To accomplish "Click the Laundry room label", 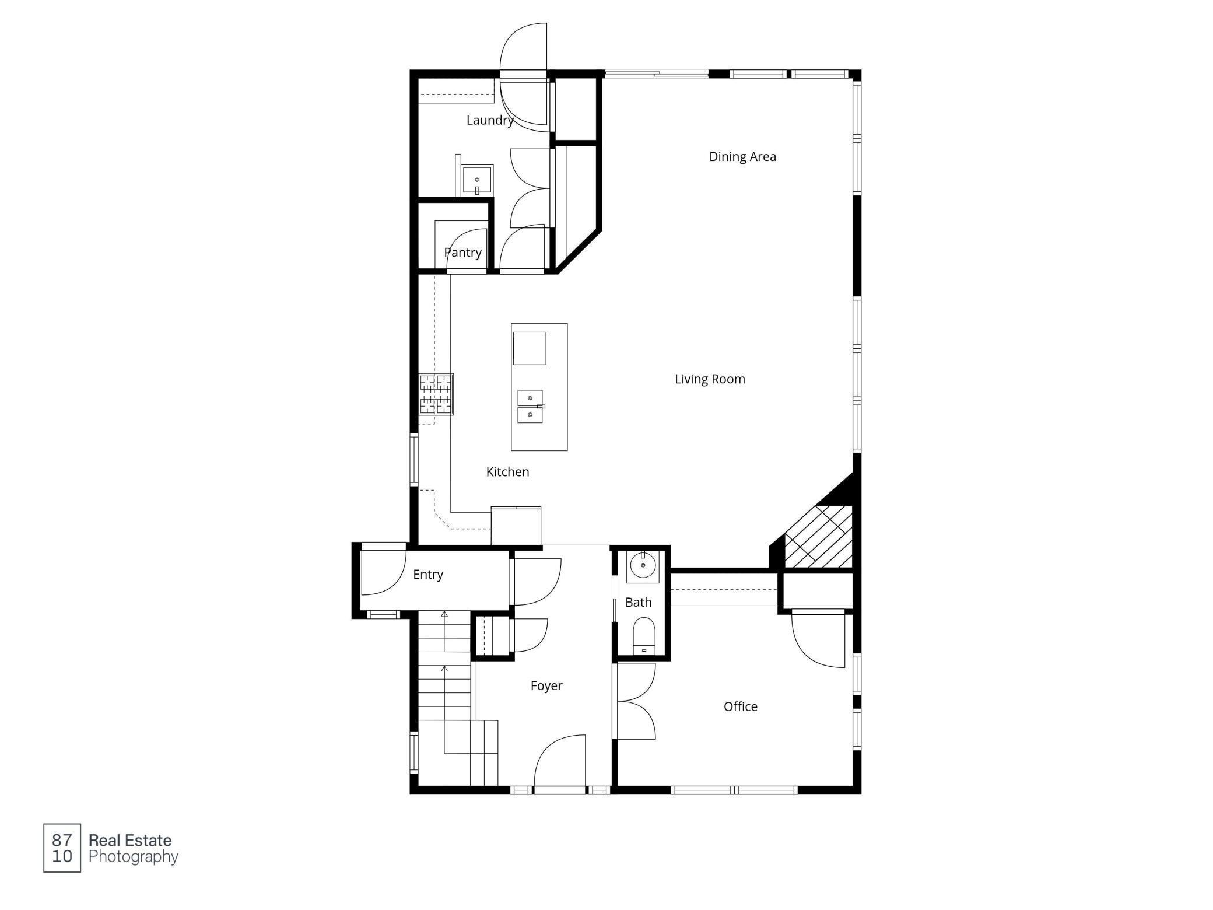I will [x=489, y=120].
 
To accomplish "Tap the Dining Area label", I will [x=742, y=156].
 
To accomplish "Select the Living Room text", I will [x=709, y=379].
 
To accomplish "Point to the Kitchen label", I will [x=507, y=472].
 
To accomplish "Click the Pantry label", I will [x=462, y=253].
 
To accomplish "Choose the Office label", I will [x=740, y=706].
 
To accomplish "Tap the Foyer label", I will [x=546, y=685].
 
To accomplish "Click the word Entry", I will [x=427, y=575].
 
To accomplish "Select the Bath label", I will [x=638, y=602].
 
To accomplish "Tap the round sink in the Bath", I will [x=643, y=565].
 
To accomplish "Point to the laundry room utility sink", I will [x=477, y=180].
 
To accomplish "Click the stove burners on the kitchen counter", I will [x=436, y=394].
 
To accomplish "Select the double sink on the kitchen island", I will [x=530, y=406].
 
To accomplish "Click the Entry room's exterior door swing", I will [x=382, y=572].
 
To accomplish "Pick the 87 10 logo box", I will [x=62, y=848].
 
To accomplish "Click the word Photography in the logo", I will [x=133, y=856].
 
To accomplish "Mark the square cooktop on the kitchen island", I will [x=530, y=348].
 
